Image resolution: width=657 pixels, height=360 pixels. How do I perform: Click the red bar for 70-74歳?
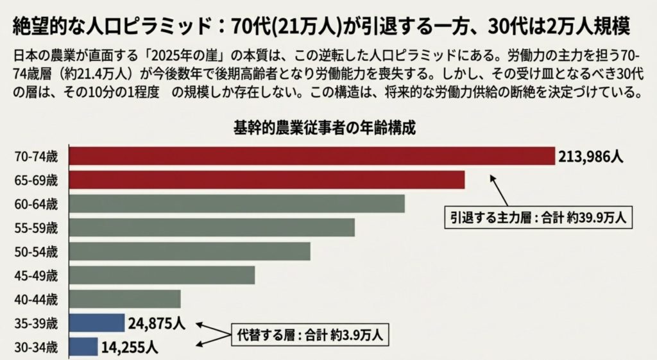click(x=311, y=156)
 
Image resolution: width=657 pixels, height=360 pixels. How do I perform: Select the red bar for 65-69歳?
click(x=266, y=180)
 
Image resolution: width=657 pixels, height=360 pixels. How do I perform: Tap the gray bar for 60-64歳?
click(x=236, y=203)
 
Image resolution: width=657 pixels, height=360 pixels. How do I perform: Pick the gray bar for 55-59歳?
click(x=211, y=227)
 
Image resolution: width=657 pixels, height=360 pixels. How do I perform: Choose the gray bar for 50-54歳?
click(x=189, y=251)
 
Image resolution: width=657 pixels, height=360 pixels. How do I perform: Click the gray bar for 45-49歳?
click(x=161, y=275)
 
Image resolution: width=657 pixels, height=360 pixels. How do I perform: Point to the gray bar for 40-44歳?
click(x=124, y=298)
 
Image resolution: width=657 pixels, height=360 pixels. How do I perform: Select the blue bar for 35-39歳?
click(x=96, y=322)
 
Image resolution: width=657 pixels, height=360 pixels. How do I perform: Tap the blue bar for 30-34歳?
click(x=83, y=347)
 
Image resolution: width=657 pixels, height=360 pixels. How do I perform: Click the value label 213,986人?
click(x=592, y=157)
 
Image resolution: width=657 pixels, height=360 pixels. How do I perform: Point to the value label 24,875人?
click(x=157, y=322)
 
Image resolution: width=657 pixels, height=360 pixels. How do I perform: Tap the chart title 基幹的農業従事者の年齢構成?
click(x=323, y=128)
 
